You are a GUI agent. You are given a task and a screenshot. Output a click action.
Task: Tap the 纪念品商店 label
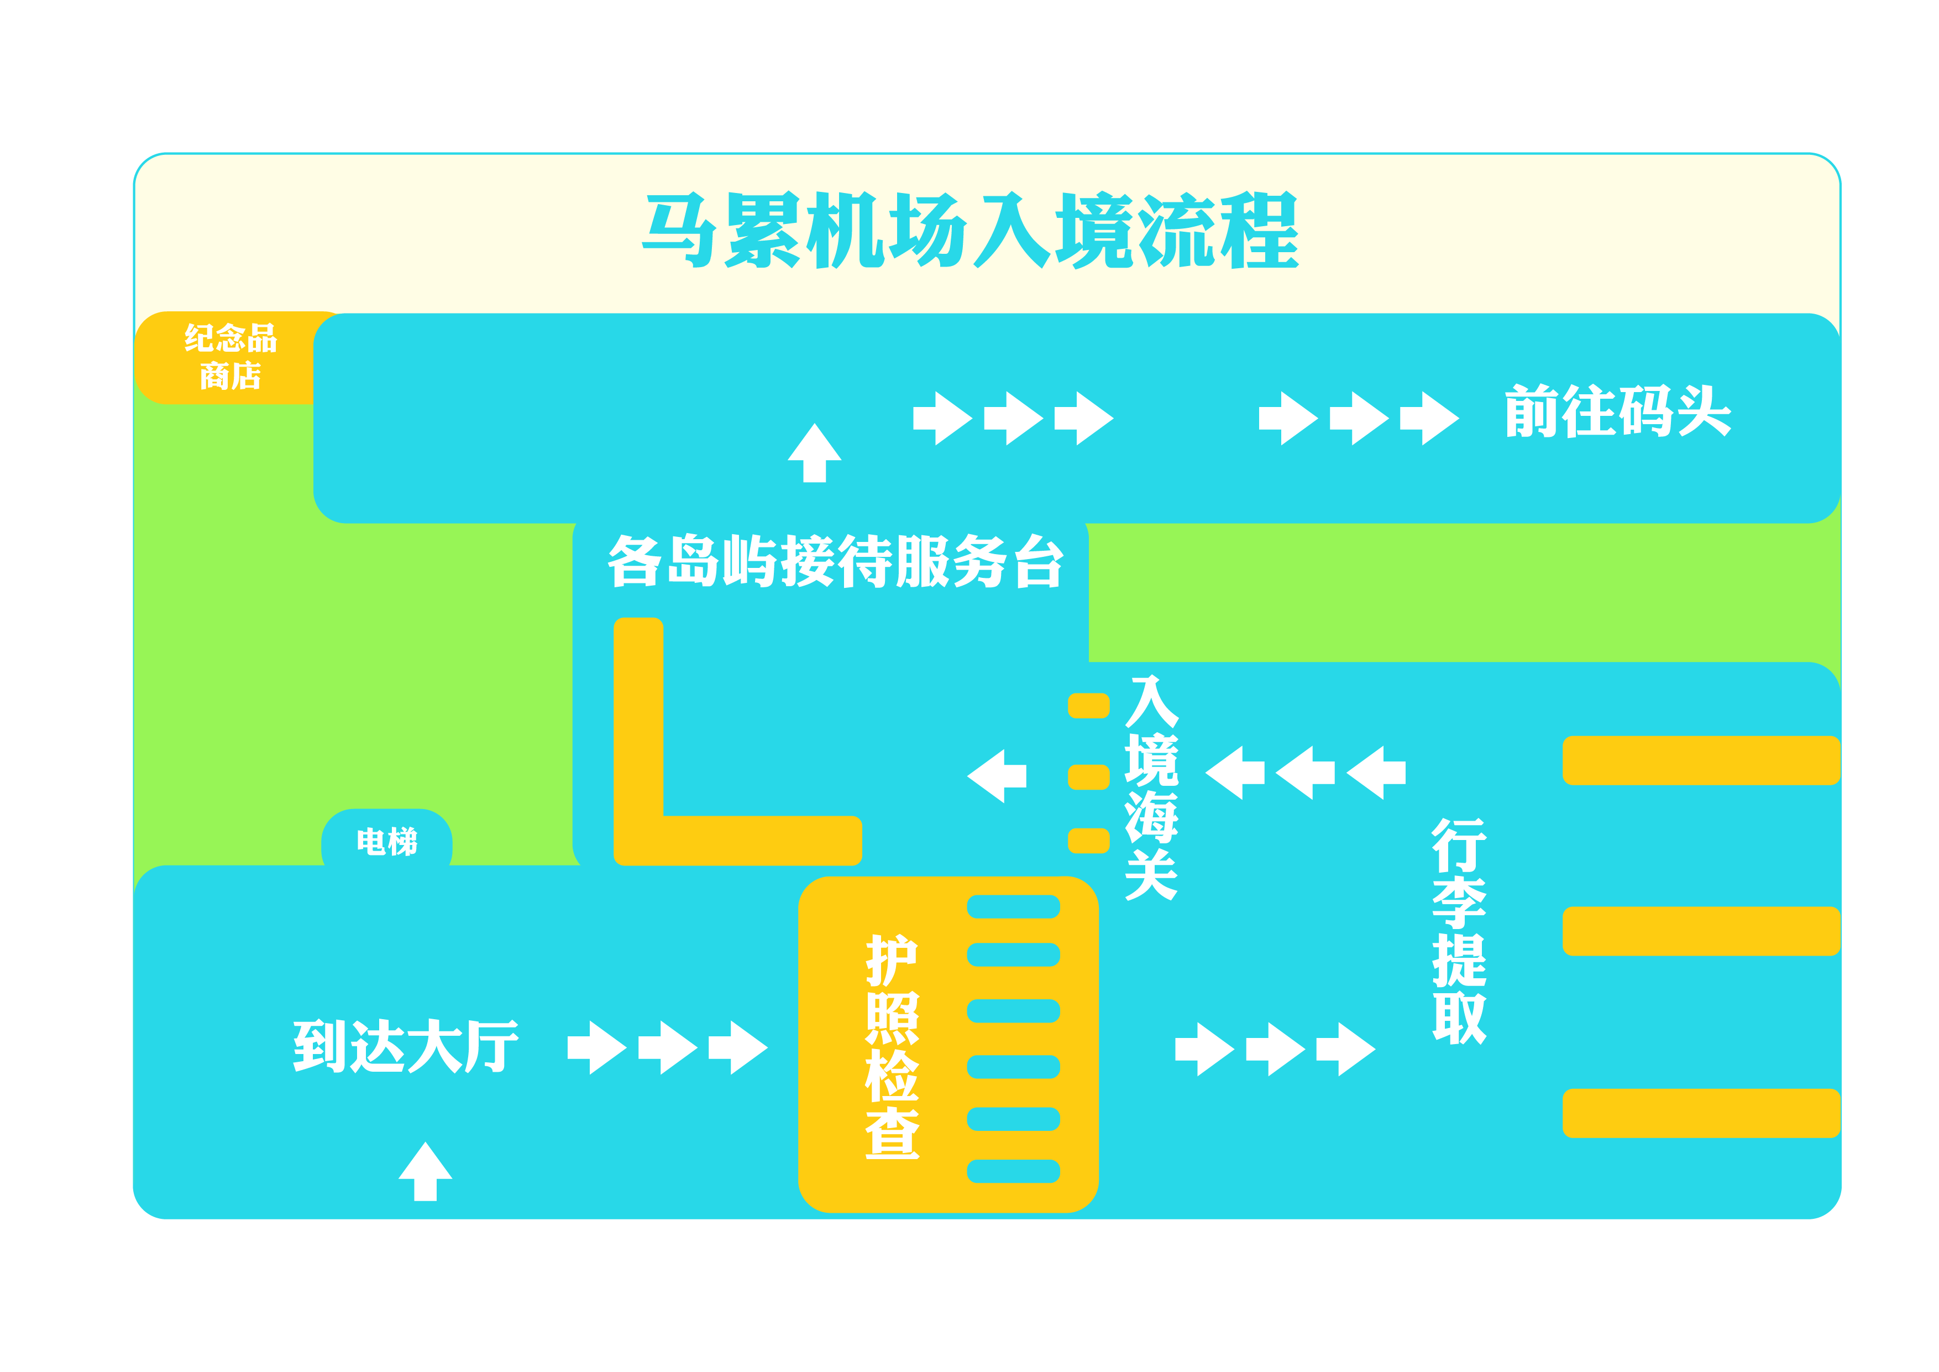[230, 357]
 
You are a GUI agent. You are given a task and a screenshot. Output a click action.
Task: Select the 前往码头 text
[1617, 411]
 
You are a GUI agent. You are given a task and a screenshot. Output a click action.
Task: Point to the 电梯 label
[387, 842]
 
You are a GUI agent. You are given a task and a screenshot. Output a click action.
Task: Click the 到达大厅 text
[405, 1046]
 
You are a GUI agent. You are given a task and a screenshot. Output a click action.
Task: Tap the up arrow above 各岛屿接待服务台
[814, 453]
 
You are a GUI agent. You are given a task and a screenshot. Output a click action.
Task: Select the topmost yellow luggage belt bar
[1700, 760]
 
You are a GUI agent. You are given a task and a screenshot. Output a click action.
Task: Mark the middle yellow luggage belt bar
[1700, 931]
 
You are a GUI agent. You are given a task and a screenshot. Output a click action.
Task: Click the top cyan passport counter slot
[1013, 906]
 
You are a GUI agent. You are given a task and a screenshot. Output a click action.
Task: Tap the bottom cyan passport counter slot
[1013, 1171]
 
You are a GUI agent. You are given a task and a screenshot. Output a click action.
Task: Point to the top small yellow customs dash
[1088, 706]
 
